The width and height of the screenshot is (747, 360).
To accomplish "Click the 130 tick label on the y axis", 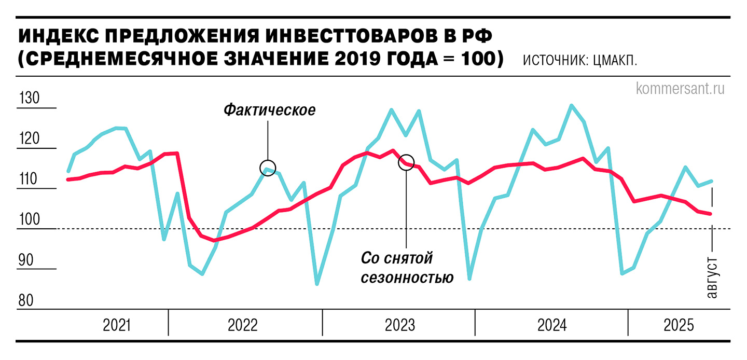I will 29,98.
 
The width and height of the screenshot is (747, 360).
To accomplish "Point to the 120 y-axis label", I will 29,139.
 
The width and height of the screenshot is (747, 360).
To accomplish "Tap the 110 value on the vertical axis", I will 29,179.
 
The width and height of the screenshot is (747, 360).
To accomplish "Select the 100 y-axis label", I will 29,219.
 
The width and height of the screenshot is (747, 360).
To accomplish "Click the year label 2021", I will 117,326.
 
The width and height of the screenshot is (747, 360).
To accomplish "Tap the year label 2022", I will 243,326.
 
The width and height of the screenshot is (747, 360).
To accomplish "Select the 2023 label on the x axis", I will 399,326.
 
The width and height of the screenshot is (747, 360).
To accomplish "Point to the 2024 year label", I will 552,326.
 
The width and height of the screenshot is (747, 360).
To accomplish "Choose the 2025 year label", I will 679,326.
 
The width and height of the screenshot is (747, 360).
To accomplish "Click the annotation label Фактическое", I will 269,110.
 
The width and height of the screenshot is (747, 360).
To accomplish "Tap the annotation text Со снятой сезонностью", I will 406,268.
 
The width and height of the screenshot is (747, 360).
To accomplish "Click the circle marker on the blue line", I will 268,168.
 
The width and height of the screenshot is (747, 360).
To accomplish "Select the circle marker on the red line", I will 406,162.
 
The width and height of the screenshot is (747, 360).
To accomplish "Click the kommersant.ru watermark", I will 680,89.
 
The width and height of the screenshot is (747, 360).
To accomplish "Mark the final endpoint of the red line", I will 711,214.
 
